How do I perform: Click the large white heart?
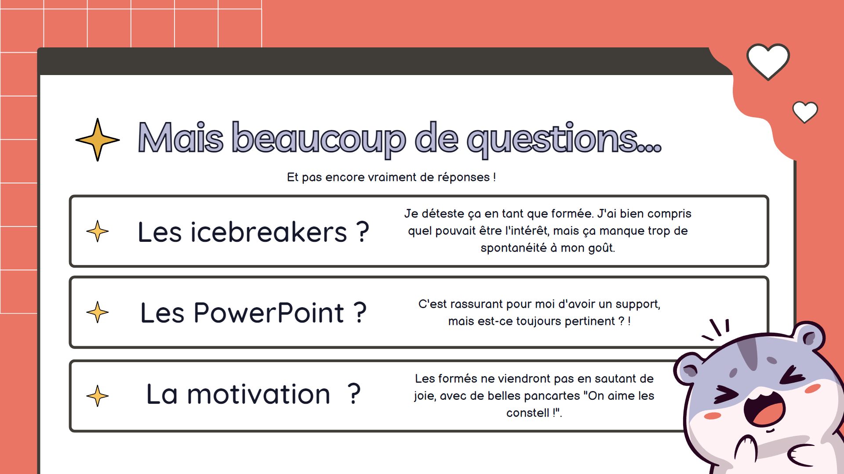point(768,61)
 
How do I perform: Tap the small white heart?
point(805,112)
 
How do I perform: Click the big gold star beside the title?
point(98,140)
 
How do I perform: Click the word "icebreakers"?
point(269,232)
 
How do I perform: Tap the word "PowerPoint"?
point(269,313)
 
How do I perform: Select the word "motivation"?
point(258,394)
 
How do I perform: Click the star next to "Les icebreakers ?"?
point(98,231)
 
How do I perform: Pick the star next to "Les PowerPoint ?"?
point(98,312)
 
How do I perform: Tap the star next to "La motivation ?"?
point(98,396)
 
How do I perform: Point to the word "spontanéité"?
point(513,248)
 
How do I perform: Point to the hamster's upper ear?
point(810,336)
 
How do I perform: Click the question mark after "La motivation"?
point(354,394)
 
